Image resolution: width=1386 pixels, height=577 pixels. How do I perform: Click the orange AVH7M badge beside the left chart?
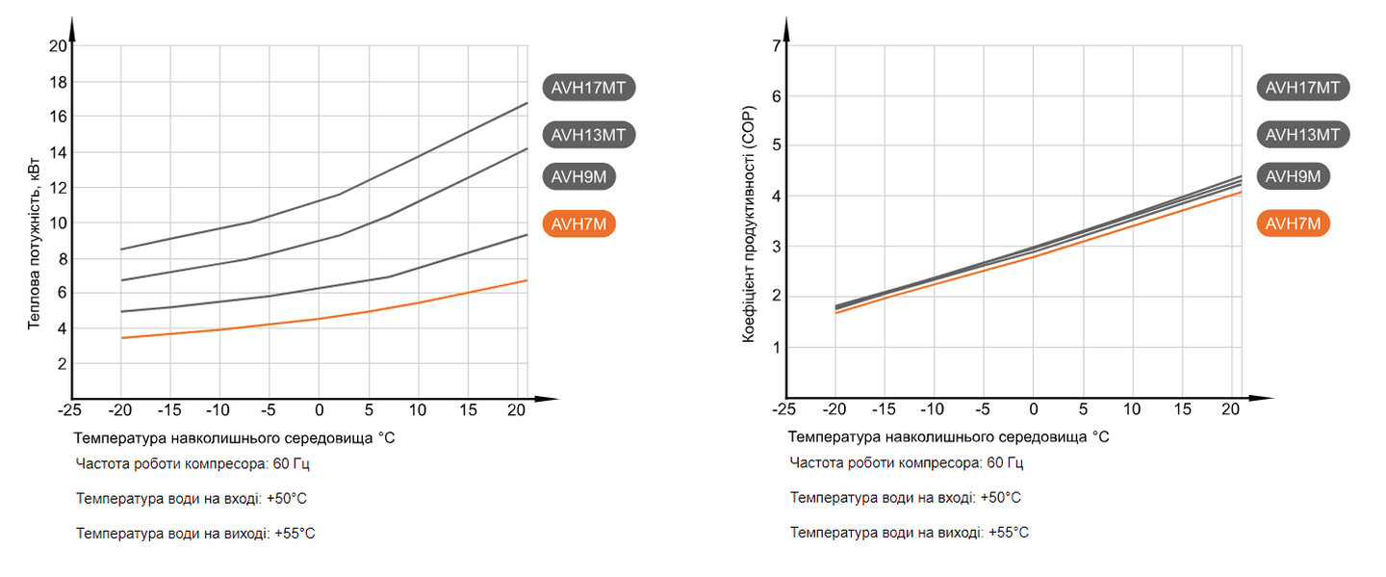[578, 224]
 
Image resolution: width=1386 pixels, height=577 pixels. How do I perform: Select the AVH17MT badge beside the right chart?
[1302, 88]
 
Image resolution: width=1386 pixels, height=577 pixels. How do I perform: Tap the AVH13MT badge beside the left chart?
[589, 135]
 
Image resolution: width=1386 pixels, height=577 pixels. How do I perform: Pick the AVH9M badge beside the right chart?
[1294, 176]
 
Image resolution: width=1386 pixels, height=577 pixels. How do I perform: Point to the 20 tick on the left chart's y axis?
[57, 46]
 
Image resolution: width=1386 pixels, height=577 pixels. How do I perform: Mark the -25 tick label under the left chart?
[69, 410]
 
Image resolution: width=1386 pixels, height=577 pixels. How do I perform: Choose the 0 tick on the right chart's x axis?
[1033, 410]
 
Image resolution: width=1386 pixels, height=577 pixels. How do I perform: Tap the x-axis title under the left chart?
[234, 437]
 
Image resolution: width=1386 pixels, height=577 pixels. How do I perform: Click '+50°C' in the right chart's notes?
[999, 498]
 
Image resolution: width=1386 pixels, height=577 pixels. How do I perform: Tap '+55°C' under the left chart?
[295, 533]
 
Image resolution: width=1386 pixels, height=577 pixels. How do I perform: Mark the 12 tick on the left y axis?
[57, 187]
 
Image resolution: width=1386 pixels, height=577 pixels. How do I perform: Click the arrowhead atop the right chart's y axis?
[786, 27]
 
